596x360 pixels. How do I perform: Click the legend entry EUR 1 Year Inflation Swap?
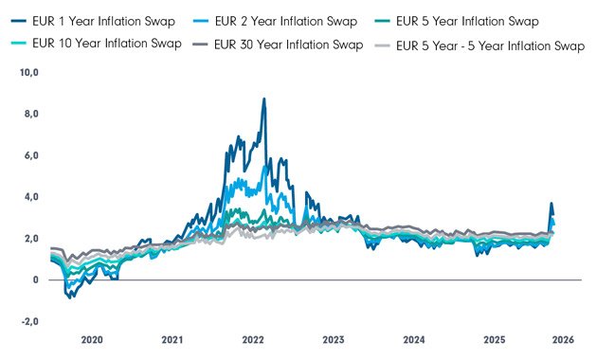[x=95, y=21]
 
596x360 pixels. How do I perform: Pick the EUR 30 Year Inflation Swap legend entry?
[x=288, y=45]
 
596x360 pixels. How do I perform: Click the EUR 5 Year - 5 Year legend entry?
[x=491, y=45]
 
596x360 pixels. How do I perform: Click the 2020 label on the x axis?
[x=91, y=339]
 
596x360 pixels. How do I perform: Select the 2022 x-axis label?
[x=253, y=339]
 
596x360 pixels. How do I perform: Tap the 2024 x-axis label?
[x=413, y=339]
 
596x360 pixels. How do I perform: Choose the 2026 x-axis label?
[x=563, y=339]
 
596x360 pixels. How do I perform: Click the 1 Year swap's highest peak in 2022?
[x=263, y=99]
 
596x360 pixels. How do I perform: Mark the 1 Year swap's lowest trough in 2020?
[x=70, y=298]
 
